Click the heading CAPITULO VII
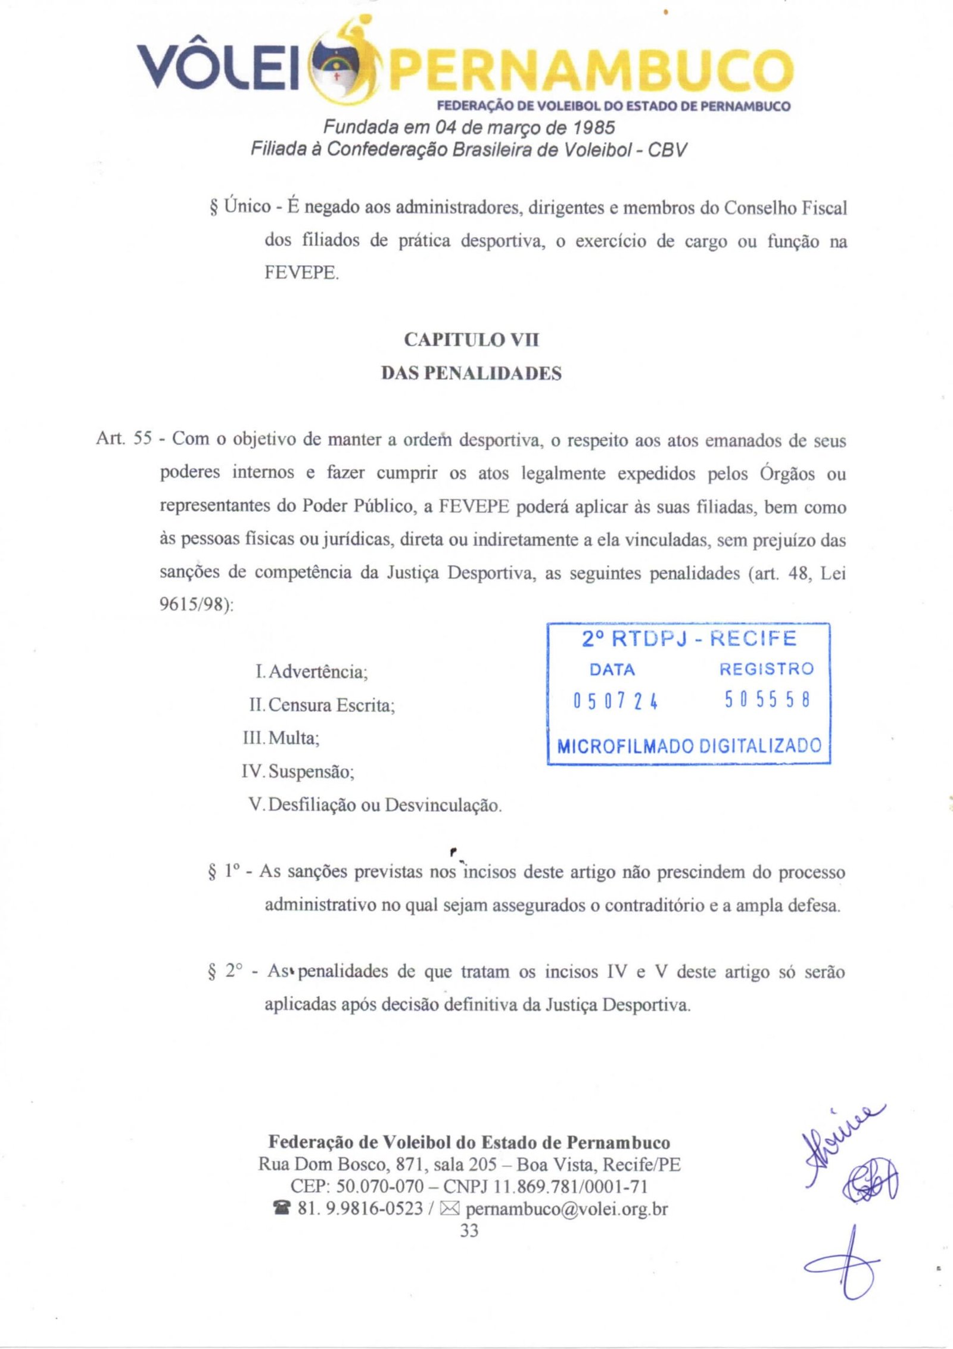coord(471,340)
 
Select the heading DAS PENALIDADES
coord(471,374)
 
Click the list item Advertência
coord(318,672)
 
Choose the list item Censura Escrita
coord(331,705)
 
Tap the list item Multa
coord(294,738)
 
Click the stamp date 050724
coord(615,701)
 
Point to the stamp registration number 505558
coord(767,700)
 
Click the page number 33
coord(469,1231)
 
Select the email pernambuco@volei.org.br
coord(566,1209)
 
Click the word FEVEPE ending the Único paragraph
coord(301,273)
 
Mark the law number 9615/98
coord(195,604)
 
